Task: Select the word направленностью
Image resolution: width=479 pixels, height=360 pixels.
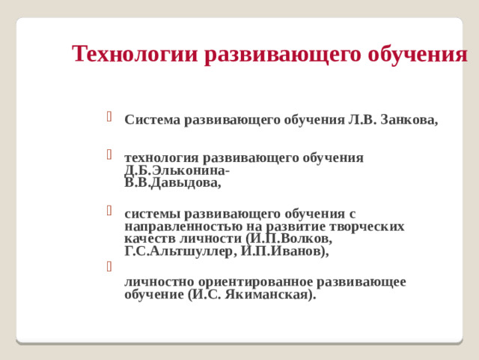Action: pos(184,226)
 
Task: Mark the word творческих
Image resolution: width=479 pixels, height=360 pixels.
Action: pos(367,226)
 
